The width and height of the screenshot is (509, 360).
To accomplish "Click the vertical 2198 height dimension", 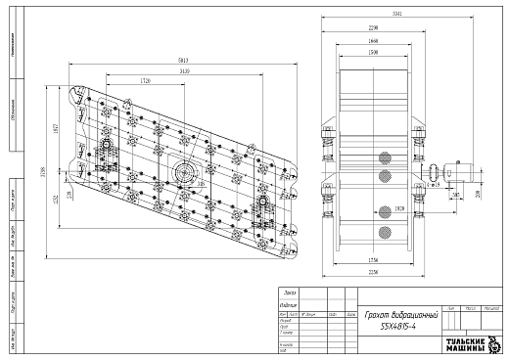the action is coord(41,173).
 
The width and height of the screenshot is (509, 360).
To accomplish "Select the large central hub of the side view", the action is coord(184,173).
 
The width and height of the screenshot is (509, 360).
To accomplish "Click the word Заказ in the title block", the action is coord(289,293).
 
